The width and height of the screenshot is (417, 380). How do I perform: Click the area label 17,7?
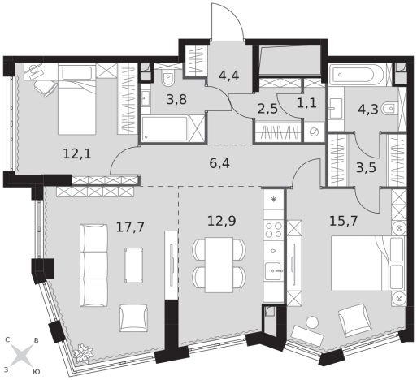pos(130,227)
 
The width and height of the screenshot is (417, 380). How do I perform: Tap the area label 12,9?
pos(222,221)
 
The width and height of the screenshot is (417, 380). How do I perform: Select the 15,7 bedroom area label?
pos(344,221)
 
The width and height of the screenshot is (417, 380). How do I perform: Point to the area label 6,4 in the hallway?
pos(219,163)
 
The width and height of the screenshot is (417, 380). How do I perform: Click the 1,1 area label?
pos(306,103)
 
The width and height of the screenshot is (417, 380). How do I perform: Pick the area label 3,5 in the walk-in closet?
pos(366,167)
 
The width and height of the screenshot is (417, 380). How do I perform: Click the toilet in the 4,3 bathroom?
pos(389,109)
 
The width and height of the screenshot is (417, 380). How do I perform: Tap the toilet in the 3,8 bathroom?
pos(168,78)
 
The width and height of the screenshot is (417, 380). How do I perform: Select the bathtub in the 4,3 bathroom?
pos(357,74)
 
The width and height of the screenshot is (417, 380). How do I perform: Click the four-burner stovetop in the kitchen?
pos(274,230)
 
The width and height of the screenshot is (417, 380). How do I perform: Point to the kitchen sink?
pos(274,271)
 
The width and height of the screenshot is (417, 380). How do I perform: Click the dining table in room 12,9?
pos(219,265)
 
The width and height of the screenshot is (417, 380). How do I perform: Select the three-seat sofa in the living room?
pos(93,266)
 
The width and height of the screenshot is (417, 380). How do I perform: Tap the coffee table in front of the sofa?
pos(134,266)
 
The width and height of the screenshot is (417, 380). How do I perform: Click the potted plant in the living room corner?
pos(84,353)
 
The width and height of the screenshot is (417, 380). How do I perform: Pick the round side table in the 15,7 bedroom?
pos(312,322)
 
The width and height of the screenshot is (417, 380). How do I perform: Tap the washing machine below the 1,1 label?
pos(314,132)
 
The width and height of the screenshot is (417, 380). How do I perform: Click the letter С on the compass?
pos(7,340)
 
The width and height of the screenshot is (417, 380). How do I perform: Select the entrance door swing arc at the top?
pos(233,16)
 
